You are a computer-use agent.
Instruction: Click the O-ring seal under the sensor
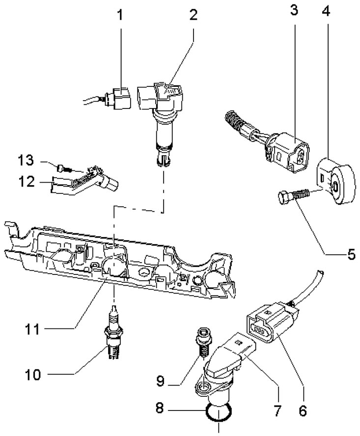tap(217, 411)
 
